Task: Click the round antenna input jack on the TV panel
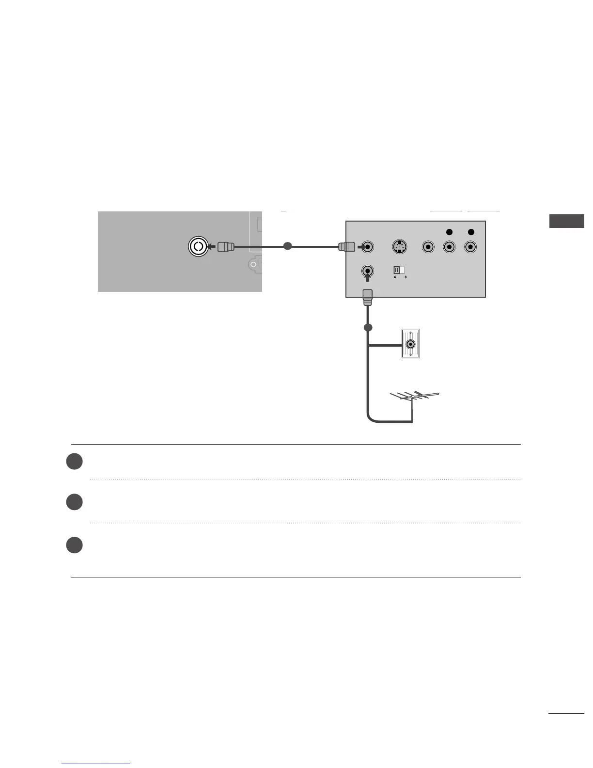point(198,247)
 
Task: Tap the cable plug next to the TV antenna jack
point(225,247)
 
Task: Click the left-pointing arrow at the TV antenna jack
point(211,247)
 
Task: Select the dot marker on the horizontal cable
point(287,246)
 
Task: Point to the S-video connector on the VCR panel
point(399,247)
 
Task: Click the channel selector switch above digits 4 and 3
point(399,270)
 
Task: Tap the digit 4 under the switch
point(395,277)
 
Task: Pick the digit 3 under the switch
point(405,277)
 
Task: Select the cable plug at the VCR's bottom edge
point(368,296)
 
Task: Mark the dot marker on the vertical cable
point(368,328)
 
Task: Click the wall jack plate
point(411,344)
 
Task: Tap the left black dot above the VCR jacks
point(449,232)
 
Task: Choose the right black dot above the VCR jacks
point(470,232)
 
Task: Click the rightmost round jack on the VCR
point(470,247)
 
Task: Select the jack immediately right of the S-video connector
point(427,247)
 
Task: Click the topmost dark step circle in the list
point(74,461)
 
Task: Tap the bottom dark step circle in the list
point(74,544)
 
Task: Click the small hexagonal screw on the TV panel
point(252,264)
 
